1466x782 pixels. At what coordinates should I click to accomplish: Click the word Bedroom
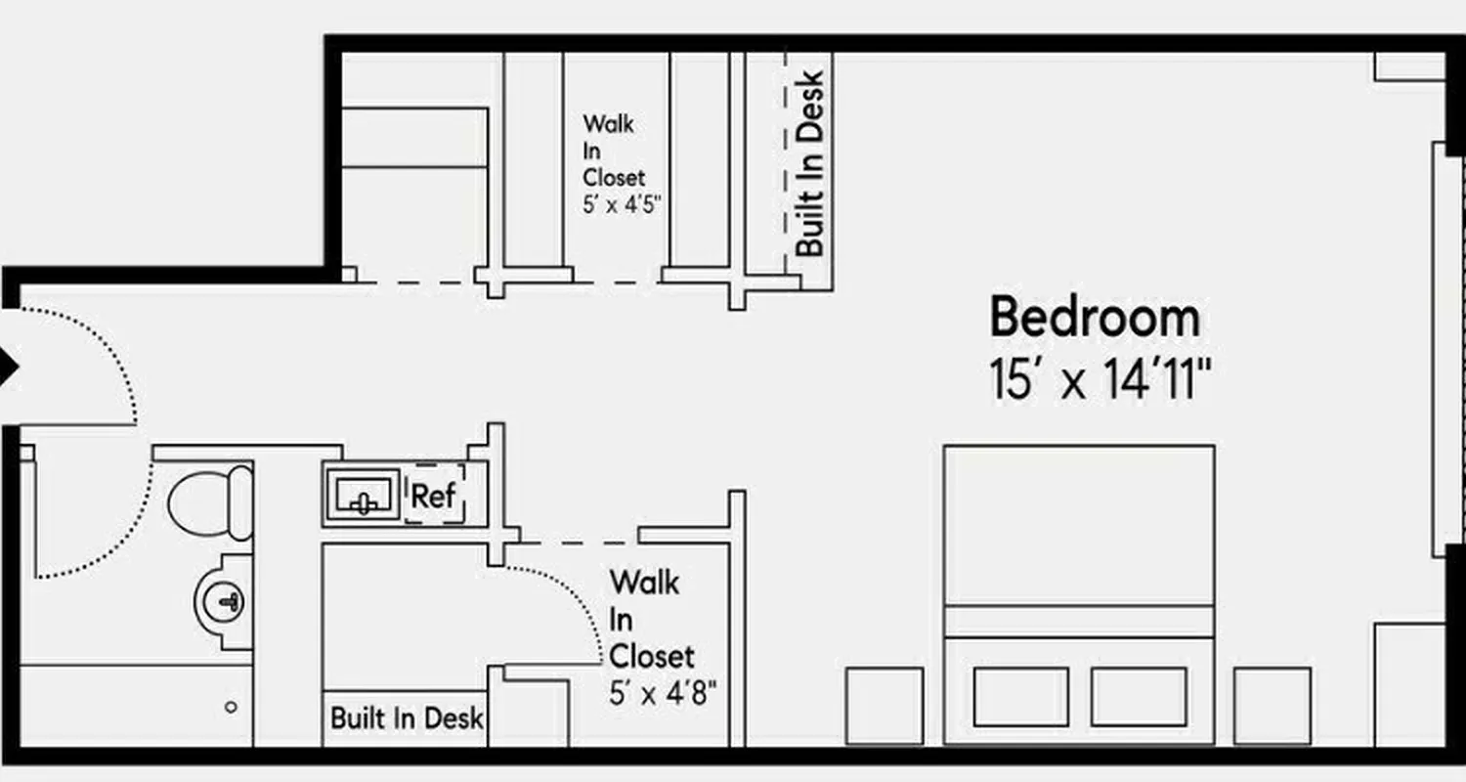pos(1095,318)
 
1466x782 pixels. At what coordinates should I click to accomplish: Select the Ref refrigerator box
pos(434,496)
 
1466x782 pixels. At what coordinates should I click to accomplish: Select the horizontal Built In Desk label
pos(407,718)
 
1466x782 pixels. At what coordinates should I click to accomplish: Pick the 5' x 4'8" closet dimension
pos(664,694)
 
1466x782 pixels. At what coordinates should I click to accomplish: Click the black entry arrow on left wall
pos(9,369)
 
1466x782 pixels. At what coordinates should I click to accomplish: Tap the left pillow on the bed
pos(1020,696)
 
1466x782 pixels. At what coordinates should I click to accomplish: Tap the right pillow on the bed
pos(1139,696)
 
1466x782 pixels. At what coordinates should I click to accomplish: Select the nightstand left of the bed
pos(884,705)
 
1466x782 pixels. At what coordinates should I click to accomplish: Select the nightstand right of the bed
pos(1272,705)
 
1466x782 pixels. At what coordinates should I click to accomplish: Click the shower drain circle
pos(231,707)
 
